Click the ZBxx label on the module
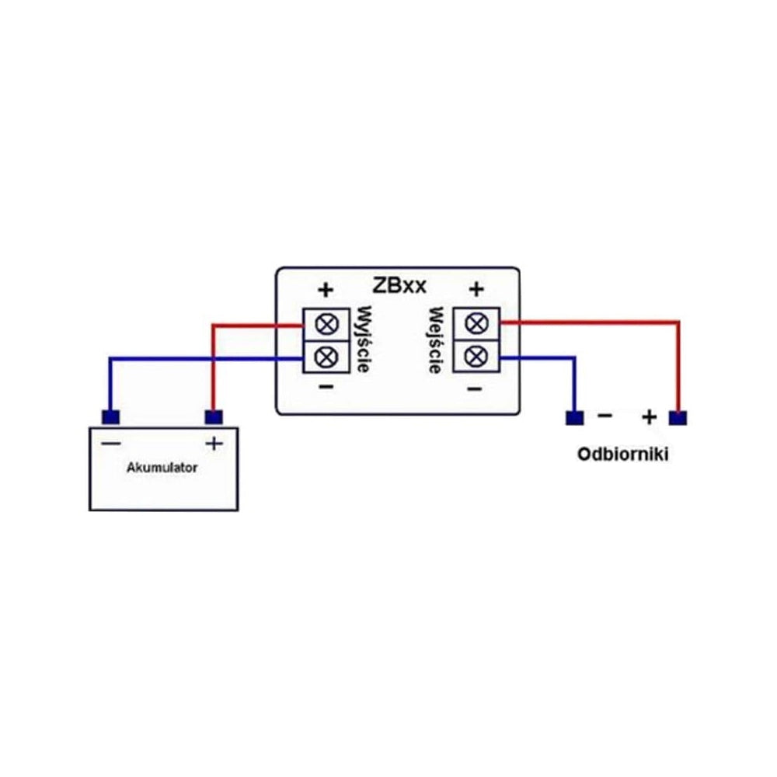399,286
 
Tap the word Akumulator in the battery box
162,468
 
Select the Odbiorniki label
623,455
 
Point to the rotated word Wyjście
364,340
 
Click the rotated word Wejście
436,340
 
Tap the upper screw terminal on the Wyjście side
326,325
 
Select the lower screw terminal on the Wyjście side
326,357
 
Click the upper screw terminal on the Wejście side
477,323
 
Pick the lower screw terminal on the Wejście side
477,356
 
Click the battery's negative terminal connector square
110,417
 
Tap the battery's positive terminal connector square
214,417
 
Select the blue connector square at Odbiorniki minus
574,418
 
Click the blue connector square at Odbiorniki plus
678,418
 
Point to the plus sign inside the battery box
214,443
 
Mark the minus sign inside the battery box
111,443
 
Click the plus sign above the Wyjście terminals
326,290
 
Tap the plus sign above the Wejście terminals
476,289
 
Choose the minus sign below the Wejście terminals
475,388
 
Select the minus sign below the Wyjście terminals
326,386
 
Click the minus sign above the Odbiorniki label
605,415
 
